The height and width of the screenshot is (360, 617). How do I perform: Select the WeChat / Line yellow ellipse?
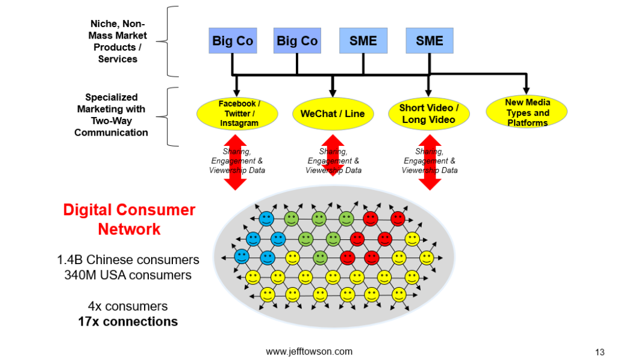[x=333, y=114]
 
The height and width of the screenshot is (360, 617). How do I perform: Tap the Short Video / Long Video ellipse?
[x=428, y=114]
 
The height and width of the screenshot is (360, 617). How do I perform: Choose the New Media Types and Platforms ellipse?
[x=527, y=112]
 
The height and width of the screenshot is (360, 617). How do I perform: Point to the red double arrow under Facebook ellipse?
[x=236, y=163]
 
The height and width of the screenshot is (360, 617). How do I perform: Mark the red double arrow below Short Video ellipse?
[x=430, y=163]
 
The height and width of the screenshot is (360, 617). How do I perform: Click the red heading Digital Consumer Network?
[x=129, y=219]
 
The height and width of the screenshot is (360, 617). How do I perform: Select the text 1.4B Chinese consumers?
[x=128, y=260]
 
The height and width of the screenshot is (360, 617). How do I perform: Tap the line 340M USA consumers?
[x=128, y=275]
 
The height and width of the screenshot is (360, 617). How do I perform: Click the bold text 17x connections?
[x=128, y=321]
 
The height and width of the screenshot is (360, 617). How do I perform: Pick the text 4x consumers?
[x=128, y=306]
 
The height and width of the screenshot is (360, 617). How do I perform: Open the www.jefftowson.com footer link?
[x=309, y=352]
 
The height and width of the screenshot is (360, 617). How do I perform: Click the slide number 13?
[x=600, y=352]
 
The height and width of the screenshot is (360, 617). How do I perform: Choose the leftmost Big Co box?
[x=233, y=41]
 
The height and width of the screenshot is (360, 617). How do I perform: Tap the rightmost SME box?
[x=429, y=41]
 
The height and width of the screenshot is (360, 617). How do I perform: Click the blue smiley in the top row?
[x=266, y=218]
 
